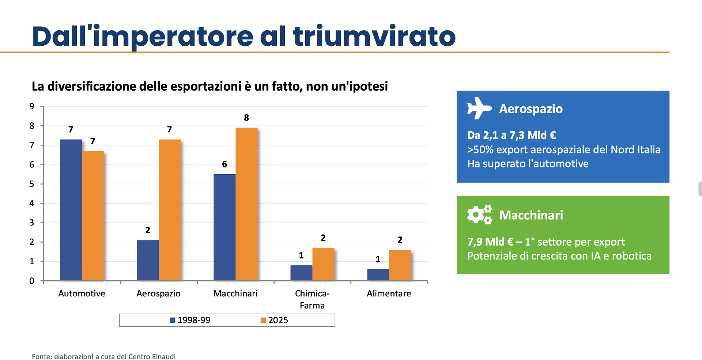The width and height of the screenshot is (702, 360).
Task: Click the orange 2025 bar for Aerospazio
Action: tap(170, 210)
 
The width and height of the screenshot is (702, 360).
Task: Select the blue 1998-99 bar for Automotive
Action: tap(71, 210)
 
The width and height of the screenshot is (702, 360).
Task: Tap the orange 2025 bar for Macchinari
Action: tap(246, 204)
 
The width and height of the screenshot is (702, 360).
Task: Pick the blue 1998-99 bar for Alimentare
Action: tap(378, 275)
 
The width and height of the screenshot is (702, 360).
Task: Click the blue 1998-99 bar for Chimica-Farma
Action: tap(301, 273)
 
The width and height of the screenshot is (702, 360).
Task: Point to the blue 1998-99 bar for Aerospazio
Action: tap(148, 260)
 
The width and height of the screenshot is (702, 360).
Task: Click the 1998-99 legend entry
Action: tap(190, 320)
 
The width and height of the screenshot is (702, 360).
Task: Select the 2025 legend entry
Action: tap(274, 320)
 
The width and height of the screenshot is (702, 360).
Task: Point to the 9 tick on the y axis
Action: tap(32, 106)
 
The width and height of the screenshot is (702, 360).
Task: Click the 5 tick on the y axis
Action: tap(32, 184)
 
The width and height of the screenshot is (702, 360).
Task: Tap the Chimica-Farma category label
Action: tap(312, 299)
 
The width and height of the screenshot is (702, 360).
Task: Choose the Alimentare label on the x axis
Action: tap(389, 293)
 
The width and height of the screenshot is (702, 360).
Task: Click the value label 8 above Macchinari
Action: tap(246, 118)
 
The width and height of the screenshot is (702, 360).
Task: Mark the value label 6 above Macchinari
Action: tap(224, 164)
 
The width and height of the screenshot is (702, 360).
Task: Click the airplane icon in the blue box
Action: tap(479, 108)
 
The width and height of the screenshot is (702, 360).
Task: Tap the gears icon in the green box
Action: tap(479, 215)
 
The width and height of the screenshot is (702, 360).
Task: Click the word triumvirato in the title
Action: tap(374, 37)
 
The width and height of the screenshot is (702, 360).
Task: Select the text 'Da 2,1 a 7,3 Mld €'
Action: tap(511, 135)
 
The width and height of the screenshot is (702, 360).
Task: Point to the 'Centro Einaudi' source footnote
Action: tap(152, 357)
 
